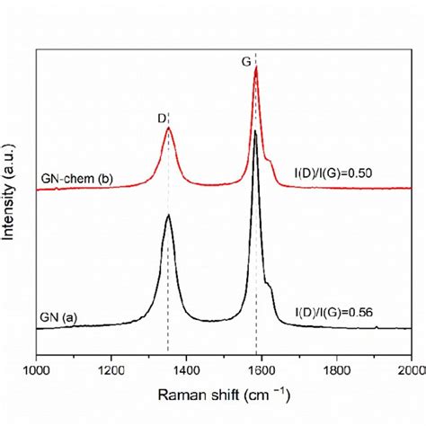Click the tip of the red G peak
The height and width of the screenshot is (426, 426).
256,77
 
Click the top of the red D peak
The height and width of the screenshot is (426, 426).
168,129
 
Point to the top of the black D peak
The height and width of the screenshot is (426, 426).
168,216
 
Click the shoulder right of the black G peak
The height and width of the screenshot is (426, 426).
270,285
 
